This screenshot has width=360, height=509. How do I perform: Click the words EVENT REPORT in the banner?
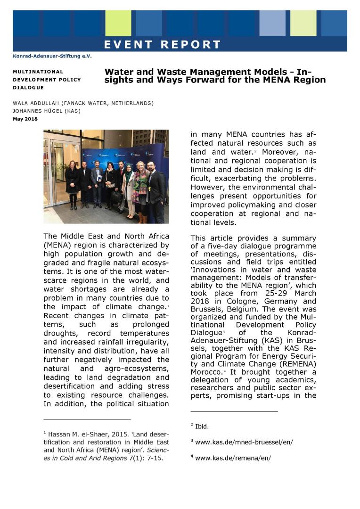point(162,45)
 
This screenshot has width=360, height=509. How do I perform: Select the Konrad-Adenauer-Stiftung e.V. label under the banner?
point(52,56)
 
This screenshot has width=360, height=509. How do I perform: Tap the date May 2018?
point(25,118)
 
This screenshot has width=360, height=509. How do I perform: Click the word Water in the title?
point(118,72)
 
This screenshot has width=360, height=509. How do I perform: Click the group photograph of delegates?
point(106,176)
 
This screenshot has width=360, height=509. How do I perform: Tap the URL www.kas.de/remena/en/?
point(233,458)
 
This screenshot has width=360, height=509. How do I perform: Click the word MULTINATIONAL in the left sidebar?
point(38,72)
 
